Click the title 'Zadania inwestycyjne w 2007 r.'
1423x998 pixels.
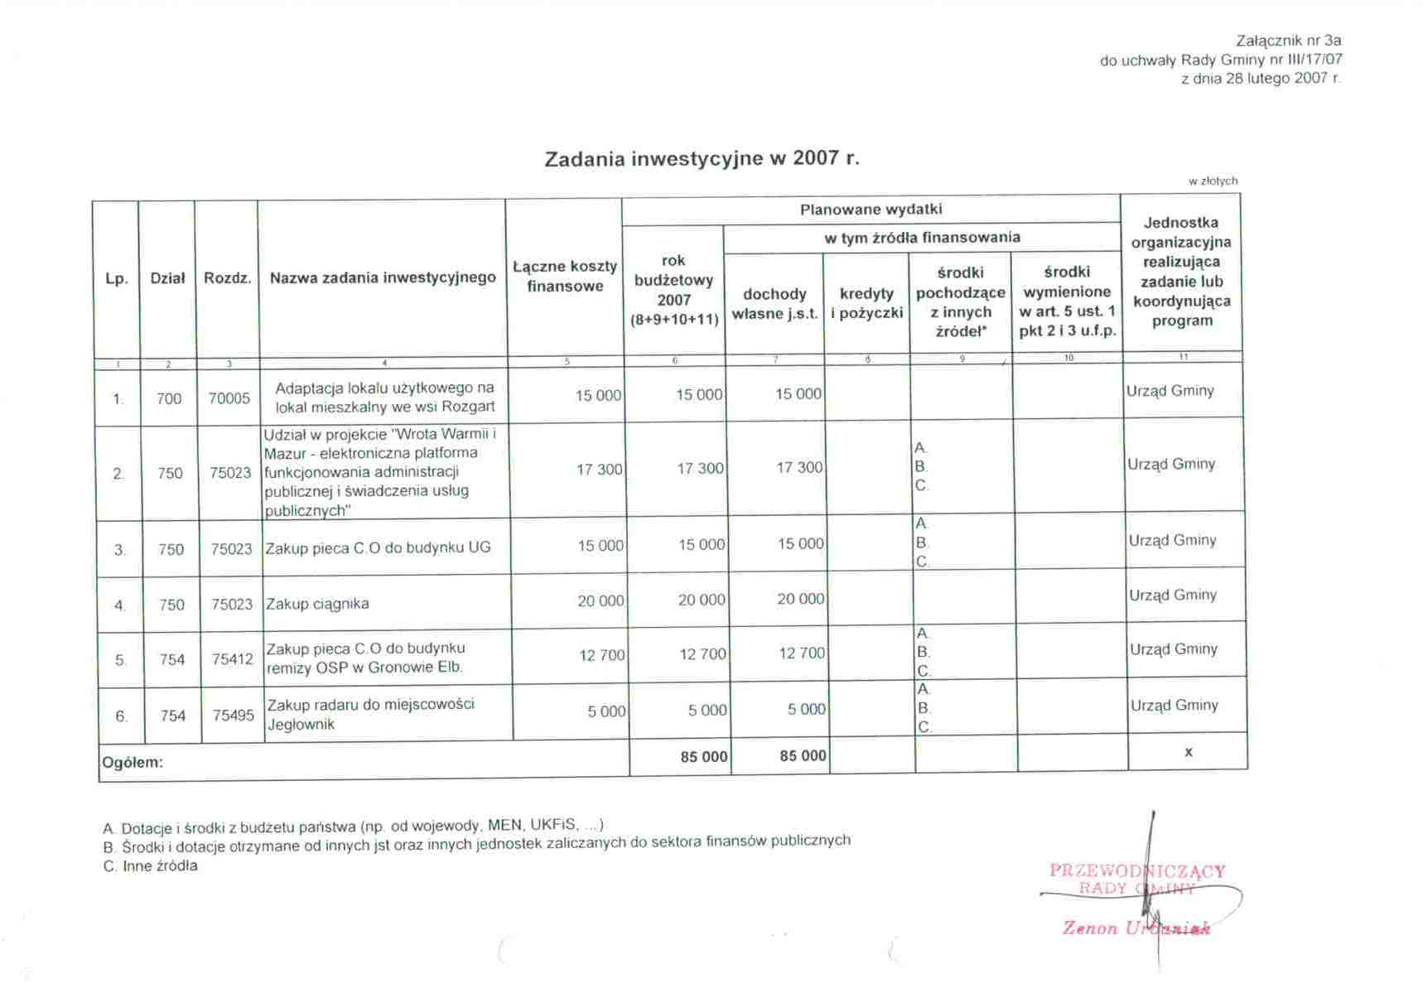[x=702, y=158]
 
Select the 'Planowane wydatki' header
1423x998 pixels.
[x=871, y=210]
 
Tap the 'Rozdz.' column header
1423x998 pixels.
[x=227, y=278]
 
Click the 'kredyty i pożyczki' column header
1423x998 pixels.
[x=866, y=303]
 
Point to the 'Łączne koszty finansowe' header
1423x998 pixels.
[x=565, y=276]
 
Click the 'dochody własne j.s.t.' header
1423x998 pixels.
[x=774, y=304]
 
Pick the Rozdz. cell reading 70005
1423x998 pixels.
[x=229, y=398]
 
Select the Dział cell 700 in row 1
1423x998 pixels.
[x=168, y=398]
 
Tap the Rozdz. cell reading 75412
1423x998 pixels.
[x=232, y=659]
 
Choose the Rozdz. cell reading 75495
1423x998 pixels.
[x=233, y=715]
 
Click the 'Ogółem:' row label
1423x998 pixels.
[x=133, y=762]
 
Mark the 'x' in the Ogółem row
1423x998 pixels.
[x=1188, y=752]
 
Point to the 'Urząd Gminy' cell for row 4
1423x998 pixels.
[x=1173, y=595]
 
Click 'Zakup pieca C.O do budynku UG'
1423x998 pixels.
[x=379, y=547]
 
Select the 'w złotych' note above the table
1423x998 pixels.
[x=1213, y=181]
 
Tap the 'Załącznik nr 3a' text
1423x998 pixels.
[x=1288, y=41]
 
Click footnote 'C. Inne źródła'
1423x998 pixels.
[x=151, y=866]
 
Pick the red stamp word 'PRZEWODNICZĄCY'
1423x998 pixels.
[x=1136, y=870]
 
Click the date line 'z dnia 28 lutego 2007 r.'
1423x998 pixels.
[x=1260, y=79]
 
